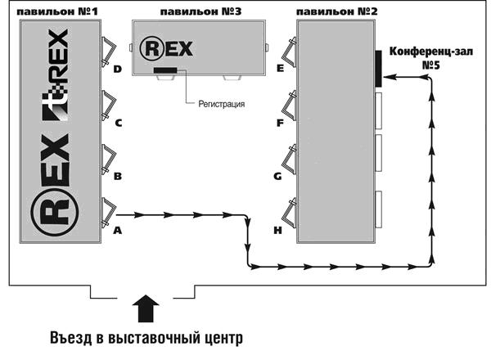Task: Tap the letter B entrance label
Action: pos(118,176)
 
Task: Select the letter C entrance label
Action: pos(118,124)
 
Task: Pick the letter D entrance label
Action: pos(118,70)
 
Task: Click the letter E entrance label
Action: pos(280,70)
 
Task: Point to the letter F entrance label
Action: pos(280,124)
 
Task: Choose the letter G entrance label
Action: pos(280,176)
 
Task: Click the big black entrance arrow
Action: pos(145,310)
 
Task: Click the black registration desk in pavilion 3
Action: pos(168,71)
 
